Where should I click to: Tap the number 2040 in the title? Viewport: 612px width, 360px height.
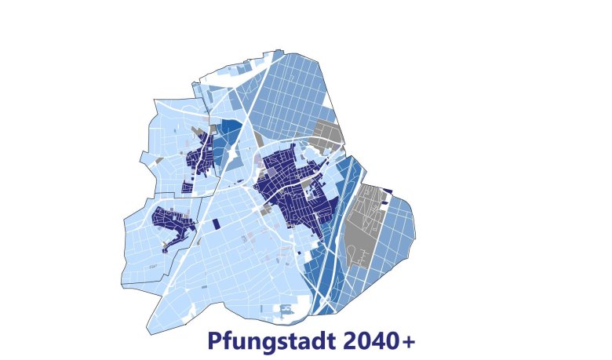pos(372,342)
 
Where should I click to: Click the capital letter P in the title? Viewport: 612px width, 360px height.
pos(213,342)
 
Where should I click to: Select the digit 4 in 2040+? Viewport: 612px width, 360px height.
pos(381,342)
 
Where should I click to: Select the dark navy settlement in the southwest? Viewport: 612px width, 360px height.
pos(174,224)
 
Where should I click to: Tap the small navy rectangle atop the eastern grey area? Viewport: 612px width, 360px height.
pos(387,191)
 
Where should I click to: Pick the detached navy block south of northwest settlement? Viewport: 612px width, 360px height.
pos(186,187)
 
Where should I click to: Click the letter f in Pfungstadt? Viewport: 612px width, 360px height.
pos(226,341)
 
